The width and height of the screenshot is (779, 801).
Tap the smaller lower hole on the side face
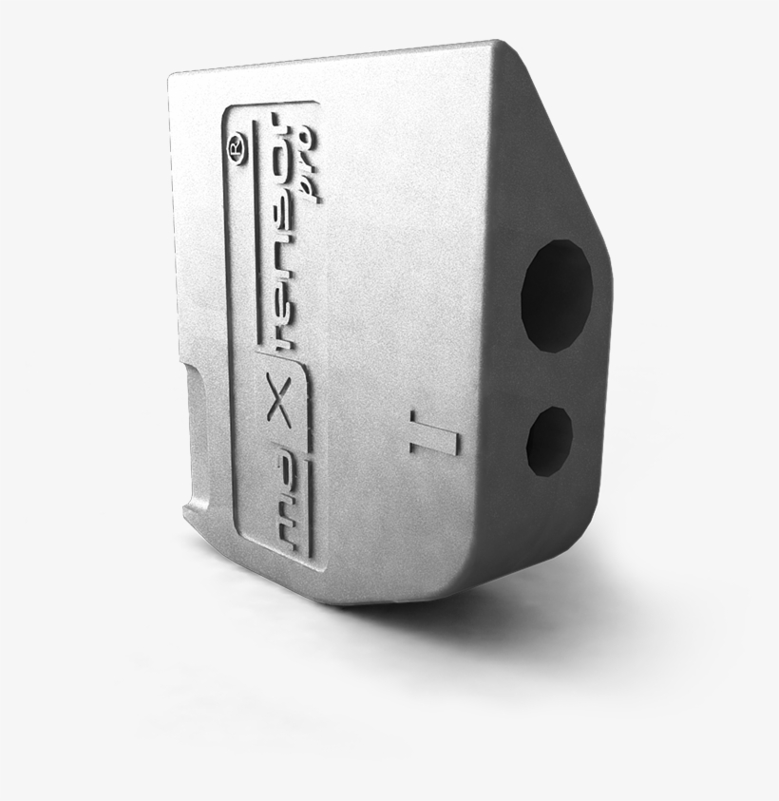[x=549, y=441]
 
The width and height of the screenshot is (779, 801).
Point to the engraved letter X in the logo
[x=279, y=412]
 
